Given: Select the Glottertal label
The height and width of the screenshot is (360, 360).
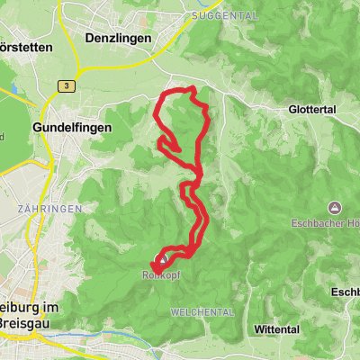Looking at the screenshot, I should pos(312,108).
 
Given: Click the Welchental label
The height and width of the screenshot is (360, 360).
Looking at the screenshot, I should pos(202,311).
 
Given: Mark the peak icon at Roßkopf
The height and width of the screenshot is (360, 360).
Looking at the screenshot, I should pos(158,260).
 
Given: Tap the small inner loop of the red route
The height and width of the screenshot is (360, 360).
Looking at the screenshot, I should pos(169,145).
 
